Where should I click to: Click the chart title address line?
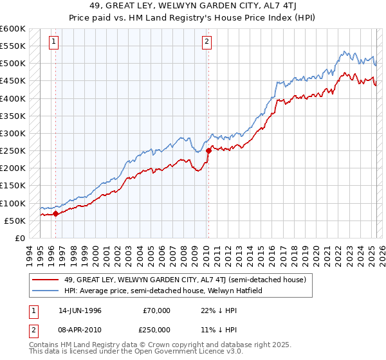(193, 6)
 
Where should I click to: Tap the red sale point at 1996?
(55, 213)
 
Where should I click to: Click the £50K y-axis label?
(15, 221)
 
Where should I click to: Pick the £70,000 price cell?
(156, 310)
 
